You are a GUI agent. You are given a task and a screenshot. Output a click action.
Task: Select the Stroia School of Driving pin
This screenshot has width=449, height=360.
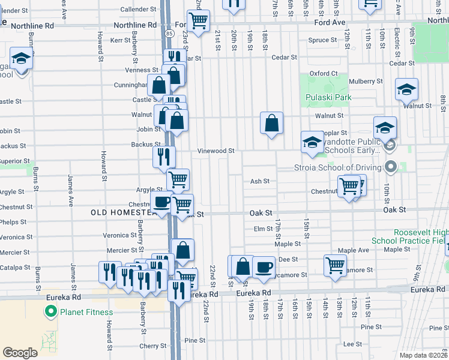point(391,166)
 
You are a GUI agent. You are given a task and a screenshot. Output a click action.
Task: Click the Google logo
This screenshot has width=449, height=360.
point(20,353)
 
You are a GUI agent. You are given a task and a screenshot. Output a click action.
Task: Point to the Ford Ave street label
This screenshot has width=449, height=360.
point(330,22)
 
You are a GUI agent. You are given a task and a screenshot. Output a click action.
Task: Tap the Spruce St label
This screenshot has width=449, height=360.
point(322,40)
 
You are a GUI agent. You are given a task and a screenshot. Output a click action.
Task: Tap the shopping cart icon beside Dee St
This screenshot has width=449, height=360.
point(335,264)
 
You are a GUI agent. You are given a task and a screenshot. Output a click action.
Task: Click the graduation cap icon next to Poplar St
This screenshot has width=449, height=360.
point(312,142)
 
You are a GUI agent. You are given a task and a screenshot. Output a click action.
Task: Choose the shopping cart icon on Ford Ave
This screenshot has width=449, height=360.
point(197,21)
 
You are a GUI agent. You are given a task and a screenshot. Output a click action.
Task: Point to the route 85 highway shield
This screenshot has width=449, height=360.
point(170,34)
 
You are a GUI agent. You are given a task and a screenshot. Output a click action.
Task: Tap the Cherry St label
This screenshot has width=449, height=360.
point(153,346)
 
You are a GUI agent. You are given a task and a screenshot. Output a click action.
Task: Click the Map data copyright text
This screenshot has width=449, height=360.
point(424,355)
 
